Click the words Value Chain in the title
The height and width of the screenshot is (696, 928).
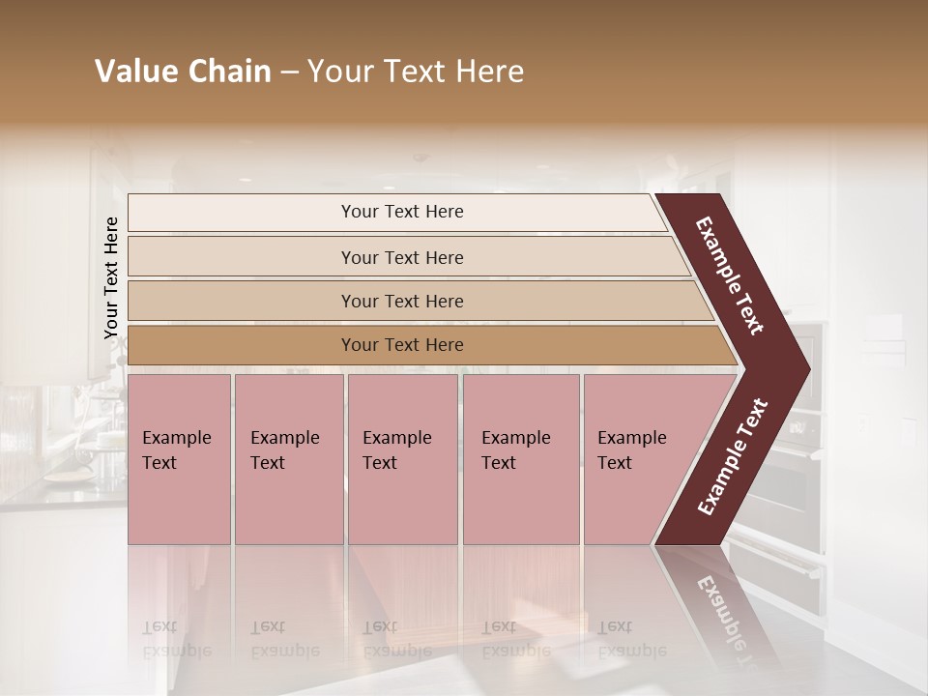pyautogui.click(x=183, y=72)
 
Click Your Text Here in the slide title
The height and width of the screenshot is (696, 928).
pyautogui.click(x=416, y=72)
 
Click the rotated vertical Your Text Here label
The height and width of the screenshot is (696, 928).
pyautogui.click(x=111, y=277)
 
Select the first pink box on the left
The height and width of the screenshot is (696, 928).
pyautogui.click(x=179, y=483)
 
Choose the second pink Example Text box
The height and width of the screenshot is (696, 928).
pyautogui.click(x=288, y=483)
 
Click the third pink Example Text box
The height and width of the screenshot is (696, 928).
pyautogui.click(x=402, y=483)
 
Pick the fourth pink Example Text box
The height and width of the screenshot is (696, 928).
pyautogui.click(x=520, y=483)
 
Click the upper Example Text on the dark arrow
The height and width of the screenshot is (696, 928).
pyautogui.click(x=730, y=275)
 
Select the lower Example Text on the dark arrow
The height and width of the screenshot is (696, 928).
pyautogui.click(x=732, y=457)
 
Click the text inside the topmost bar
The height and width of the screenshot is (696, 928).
pyautogui.click(x=402, y=212)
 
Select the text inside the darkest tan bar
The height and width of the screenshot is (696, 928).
pyautogui.click(x=402, y=345)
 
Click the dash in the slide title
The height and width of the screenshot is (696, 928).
pyautogui.click(x=289, y=72)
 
